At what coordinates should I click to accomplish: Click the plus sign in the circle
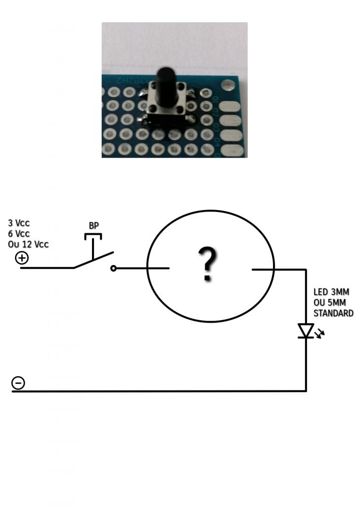(x=22, y=257)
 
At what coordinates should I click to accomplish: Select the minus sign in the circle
(x=18, y=383)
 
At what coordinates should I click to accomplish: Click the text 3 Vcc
(x=19, y=223)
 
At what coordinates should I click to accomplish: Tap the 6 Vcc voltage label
(x=19, y=233)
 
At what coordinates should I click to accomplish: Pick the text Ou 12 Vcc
(x=28, y=244)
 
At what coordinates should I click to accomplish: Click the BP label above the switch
(x=93, y=225)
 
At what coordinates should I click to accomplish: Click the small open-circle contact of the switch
(x=114, y=268)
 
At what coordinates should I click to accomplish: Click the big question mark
(x=208, y=264)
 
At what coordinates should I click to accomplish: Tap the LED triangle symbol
(x=306, y=331)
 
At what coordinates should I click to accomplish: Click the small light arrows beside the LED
(x=320, y=334)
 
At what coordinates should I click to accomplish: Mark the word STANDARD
(x=333, y=313)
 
